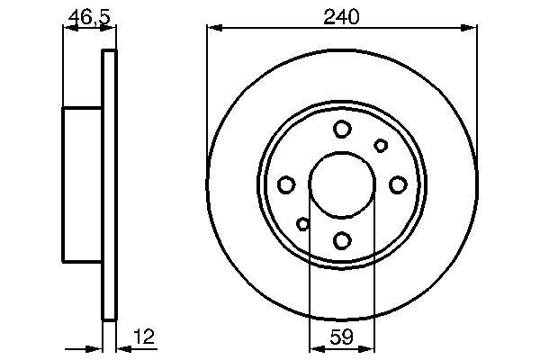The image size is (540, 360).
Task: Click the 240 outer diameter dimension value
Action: [342, 17]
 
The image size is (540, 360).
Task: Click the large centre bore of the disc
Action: [342, 184]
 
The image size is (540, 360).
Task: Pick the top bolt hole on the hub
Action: [342, 130]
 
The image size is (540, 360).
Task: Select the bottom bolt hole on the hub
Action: [342, 240]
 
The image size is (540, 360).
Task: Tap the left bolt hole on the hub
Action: [286, 185]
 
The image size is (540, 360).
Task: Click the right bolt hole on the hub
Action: [398, 185]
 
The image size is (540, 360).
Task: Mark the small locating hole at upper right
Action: [381, 146]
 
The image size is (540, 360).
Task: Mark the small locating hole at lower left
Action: [303, 224]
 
